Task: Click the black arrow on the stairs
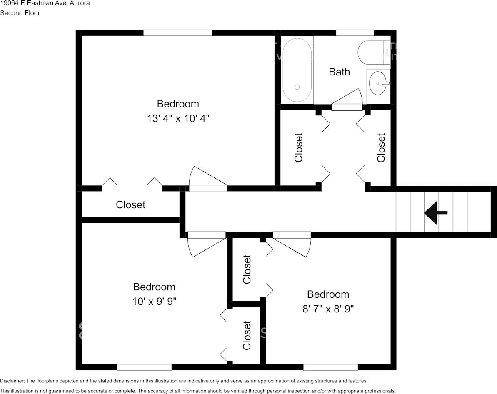click(435, 213)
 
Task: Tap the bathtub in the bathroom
click(297, 70)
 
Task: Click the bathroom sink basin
click(378, 83)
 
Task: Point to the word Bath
click(339, 72)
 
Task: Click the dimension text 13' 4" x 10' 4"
click(178, 119)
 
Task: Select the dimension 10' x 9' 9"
click(155, 301)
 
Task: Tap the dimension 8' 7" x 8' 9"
click(328, 309)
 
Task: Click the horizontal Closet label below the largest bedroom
click(130, 205)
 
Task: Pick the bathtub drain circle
click(297, 87)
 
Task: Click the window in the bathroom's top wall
click(355, 32)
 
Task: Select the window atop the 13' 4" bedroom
click(177, 32)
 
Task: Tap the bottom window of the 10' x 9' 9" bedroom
click(145, 367)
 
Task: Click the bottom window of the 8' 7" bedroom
click(331, 367)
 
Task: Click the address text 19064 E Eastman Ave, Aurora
click(45, 3)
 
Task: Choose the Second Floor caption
click(20, 13)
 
